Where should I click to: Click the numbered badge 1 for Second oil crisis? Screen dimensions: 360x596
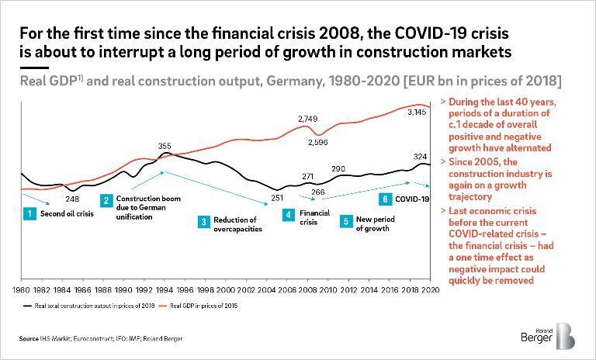tap(28, 213)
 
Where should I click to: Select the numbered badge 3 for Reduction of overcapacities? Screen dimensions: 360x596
tap(203, 222)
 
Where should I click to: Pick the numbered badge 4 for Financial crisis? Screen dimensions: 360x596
tap(287, 213)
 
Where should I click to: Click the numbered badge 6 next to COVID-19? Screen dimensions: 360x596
tap(386, 199)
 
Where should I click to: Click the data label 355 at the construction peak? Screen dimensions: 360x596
tap(165, 146)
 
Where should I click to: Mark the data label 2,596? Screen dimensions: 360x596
tap(319, 143)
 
